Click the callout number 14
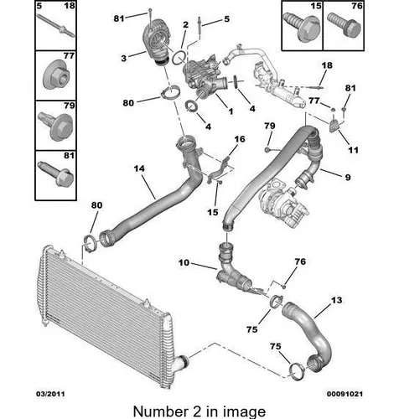[x=139, y=168]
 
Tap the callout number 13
[x=336, y=300]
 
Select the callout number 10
[x=184, y=262]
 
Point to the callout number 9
[x=348, y=177]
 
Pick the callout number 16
[x=240, y=139]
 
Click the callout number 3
[x=124, y=59]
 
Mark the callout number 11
[x=353, y=150]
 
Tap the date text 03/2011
[x=50, y=394]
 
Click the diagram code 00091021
[x=345, y=394]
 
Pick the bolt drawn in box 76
[x=344, y=24]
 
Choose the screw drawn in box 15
[x=302, y=27]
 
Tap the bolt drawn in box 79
[x=56, y=127]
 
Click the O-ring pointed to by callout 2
[x=179, y=58]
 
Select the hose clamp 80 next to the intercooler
[x=91, y=243]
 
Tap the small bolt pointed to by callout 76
[x=284, y=287]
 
